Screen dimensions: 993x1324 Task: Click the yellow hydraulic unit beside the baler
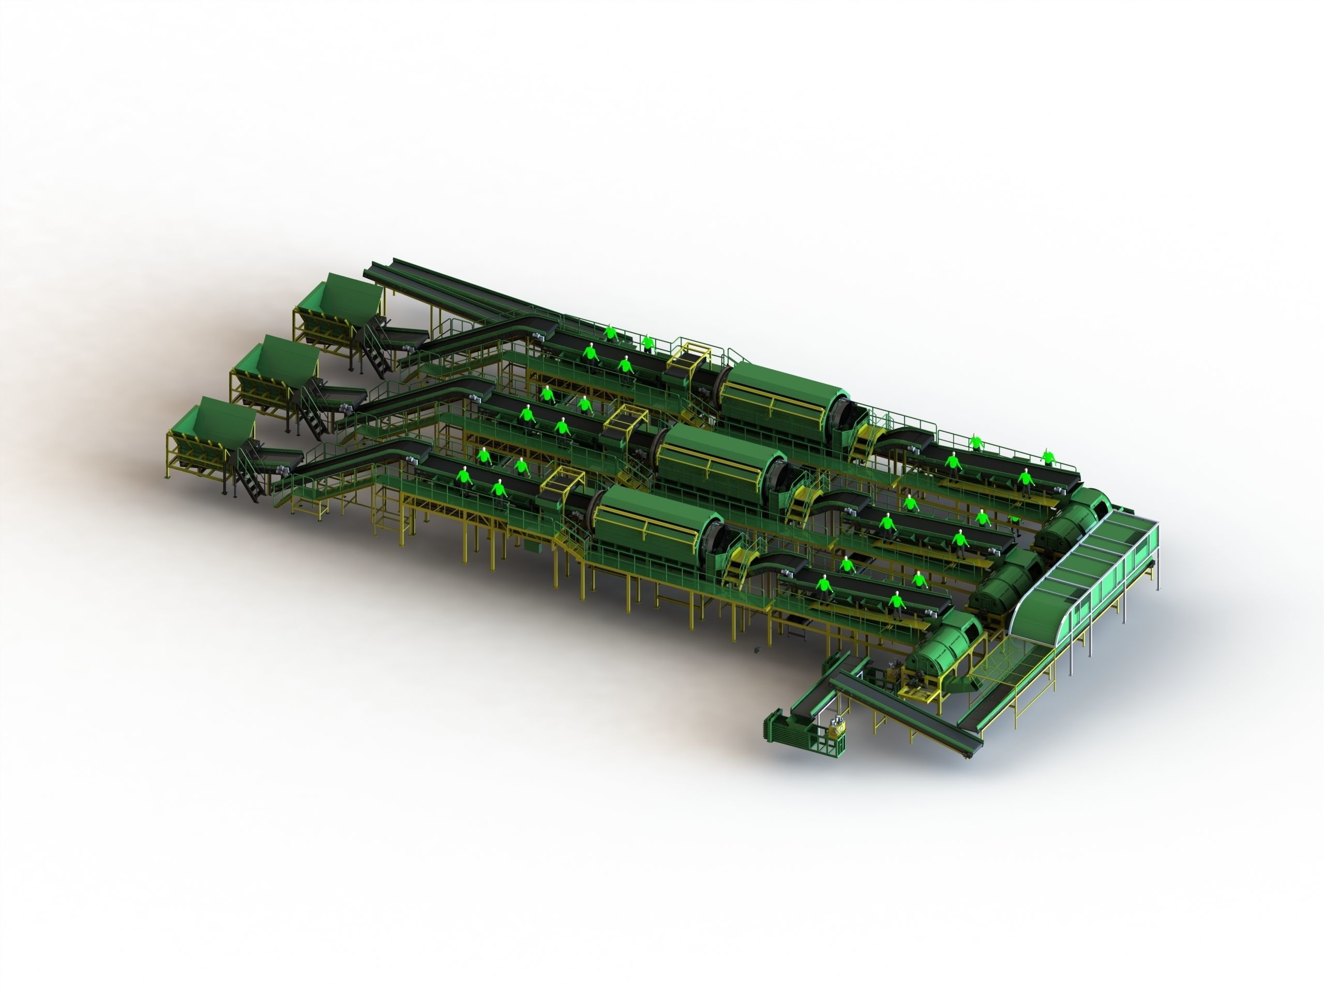click(x=836, y=731)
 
